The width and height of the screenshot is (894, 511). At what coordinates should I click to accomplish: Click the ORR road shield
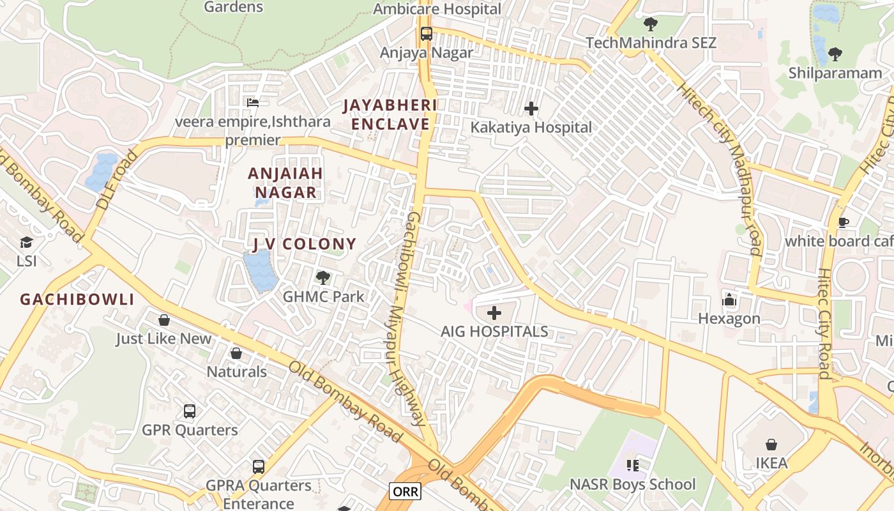click(x=405, y=491)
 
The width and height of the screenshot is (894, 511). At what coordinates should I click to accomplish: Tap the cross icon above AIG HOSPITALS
click(x=494, y=313)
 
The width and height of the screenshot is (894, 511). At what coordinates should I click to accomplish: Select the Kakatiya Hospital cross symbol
click(x=531, y=109)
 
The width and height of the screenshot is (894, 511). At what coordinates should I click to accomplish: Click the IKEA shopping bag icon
click(x=771, y=445)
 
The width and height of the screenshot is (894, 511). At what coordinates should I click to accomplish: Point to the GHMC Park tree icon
click(x=323, y=278)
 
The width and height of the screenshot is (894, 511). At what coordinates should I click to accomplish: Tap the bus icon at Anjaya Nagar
click(x=426, y=34)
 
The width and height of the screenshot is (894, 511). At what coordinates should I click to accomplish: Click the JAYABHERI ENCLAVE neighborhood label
click(x=390, y=114)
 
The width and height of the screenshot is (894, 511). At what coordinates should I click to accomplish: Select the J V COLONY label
click(x=305, y=243)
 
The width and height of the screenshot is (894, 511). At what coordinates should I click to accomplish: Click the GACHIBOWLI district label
click(x=77, y=299)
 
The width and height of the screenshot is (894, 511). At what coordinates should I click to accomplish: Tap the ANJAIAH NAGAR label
click(x=285, y=183)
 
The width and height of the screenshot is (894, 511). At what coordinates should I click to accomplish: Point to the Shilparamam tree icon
click(x=835, y=54)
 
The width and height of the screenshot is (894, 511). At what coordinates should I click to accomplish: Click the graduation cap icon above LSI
click(x=26, y=243)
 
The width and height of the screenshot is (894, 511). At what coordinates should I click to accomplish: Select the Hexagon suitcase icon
click(x=729, y=300)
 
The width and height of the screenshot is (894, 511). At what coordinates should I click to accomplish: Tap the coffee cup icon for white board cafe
click(x=843, y=222)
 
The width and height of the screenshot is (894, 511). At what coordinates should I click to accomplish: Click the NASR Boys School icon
click(x=632, y=466)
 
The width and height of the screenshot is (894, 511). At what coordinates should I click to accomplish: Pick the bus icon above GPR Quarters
click(x=190, y=411)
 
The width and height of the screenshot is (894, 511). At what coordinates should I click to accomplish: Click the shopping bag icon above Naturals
click(x=236, y=353)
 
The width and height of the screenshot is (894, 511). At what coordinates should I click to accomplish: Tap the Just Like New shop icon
click(x=163, y=319)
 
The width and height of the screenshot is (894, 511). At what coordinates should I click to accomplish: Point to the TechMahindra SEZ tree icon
click(x=650, y=24)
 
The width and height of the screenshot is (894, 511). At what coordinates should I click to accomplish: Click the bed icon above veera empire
click(x=253, y=102)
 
